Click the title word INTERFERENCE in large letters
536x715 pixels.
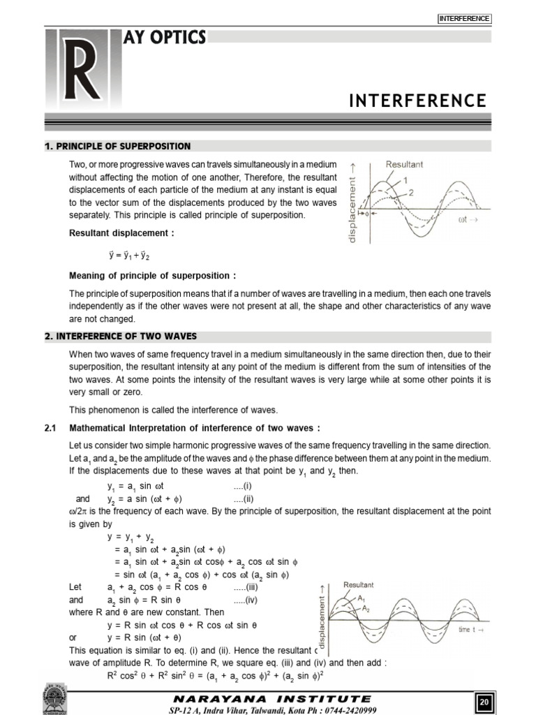pyautogui.click(x=417, y=101)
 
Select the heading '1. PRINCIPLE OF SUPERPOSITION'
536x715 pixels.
pyautogui.click(x=117, y=146)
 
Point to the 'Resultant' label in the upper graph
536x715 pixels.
pyautogui.click(x=405, y=165)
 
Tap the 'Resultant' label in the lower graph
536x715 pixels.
pyautogui.click(x=358, y=584)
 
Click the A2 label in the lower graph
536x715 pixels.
pyautogui.click(x=366, y=609)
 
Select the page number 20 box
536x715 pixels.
pyautogui.click(x=484, y=701)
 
